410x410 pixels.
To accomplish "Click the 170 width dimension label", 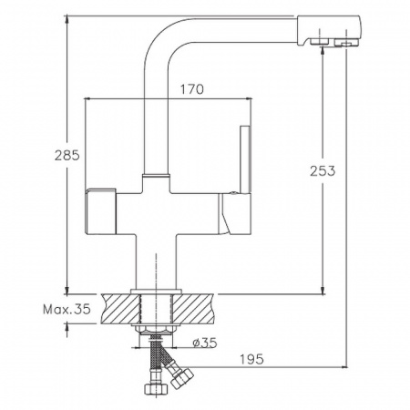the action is [192, 89].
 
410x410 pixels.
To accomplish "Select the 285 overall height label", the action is [67, 155].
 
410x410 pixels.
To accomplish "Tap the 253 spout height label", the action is [323, 171].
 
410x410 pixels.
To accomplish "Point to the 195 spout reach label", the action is [251, 359].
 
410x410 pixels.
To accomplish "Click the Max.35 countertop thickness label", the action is [67, 310].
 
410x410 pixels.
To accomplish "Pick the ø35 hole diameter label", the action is [205, 343].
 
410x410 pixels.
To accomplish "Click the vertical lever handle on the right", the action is [246, 159].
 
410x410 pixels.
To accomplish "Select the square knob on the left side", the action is [101, 211].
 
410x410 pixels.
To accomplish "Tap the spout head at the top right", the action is [329, 31].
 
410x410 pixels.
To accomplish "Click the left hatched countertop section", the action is [121, 309].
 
